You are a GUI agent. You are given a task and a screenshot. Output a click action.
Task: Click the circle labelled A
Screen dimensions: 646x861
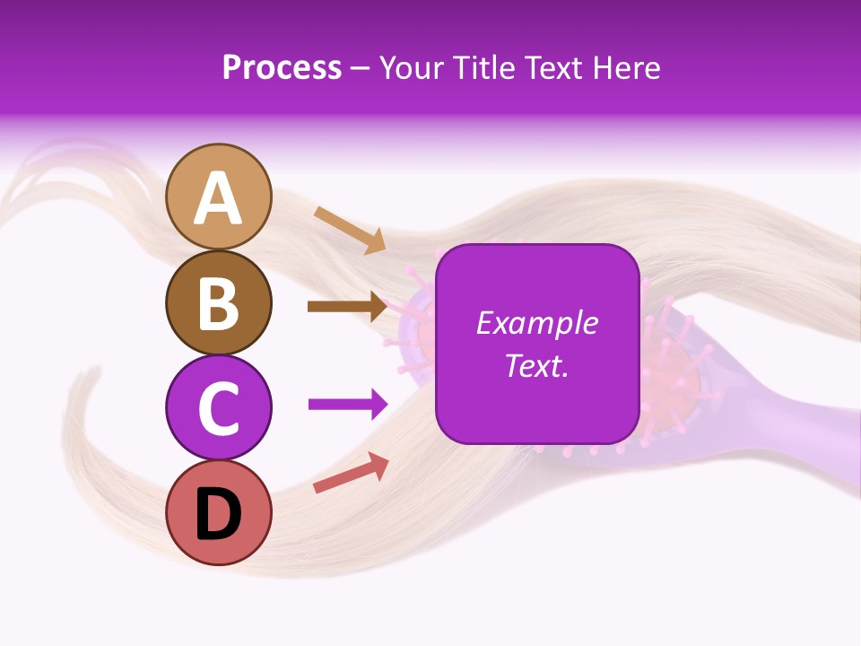pyautogui.click(x=218, y=196)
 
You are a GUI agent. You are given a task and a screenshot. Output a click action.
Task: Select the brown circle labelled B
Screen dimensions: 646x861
pyautogui.click(x=218, y=302)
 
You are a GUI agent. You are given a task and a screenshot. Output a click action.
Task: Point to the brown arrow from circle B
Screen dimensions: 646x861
pyautogui.click(x=346, y=306)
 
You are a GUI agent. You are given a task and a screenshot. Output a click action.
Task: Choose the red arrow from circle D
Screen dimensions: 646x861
pyautogui.click(x=351, y=473)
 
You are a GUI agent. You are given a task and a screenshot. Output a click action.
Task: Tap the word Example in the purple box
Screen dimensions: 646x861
pyautogui.click(x=537, y=323)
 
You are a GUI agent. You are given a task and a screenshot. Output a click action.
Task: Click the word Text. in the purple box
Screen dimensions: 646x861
pyautogui.click(x=537, y=365)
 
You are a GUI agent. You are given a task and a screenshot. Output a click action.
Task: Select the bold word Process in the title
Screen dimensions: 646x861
pyautogui.click(x=282, y=68)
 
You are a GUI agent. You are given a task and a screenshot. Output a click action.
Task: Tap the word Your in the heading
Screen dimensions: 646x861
pyautogui.click(x=414, y=68)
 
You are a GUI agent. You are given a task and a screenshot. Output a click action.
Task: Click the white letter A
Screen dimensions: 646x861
pyautogui.click(x=218, y=198)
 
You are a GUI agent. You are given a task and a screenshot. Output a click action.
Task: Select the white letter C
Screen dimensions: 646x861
pyautogui.click(x=218, y=408)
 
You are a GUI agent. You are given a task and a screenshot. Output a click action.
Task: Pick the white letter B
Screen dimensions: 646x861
pyautogui.click(x=218, y=303)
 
